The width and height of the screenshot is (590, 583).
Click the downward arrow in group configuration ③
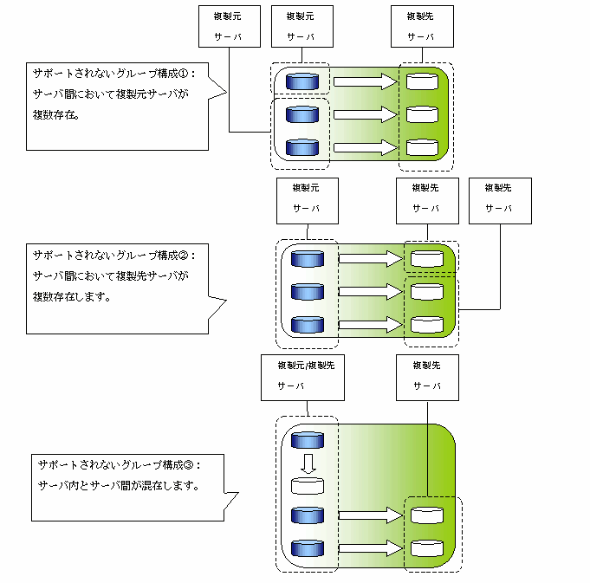[x=307, y=463]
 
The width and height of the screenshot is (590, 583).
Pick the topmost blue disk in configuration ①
[x=302, y=82]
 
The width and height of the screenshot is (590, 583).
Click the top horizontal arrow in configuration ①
[x=363, y=82]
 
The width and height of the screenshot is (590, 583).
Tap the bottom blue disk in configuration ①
[x=302, y=147]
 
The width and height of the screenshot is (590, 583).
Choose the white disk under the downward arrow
[x=307, y=485]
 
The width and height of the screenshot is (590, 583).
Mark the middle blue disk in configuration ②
[x=307, y=291]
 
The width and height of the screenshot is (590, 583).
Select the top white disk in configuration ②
[x=425, y=258]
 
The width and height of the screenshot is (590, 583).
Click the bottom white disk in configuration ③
[x=425, y=547]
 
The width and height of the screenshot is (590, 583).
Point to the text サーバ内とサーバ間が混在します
[x=119, y=485]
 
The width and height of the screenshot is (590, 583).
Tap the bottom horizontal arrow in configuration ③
[x=370, y=547]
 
